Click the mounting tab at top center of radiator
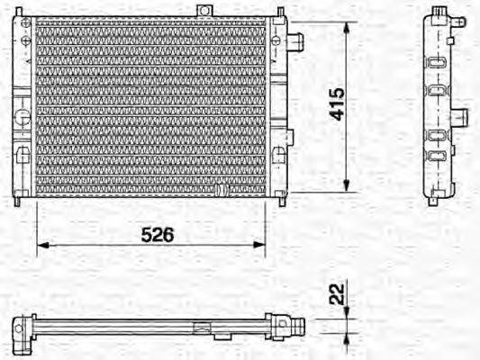pos(206,11)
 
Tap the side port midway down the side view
pos(460,117)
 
